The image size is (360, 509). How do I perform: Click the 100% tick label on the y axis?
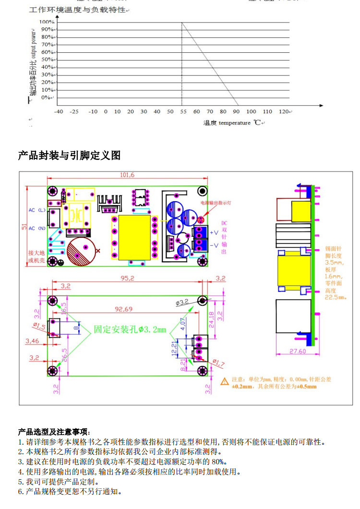[47, 22]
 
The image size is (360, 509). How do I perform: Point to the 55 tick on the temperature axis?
[183, 112]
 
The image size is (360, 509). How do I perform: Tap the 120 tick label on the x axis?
[283, 112]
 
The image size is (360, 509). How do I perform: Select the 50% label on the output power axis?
[47, 60]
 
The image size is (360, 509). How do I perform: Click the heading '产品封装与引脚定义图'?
[69, 156]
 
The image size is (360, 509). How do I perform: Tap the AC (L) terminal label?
[37, 210]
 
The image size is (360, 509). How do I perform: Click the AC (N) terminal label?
[37, 228]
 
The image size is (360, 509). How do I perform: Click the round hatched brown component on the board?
[80, 252]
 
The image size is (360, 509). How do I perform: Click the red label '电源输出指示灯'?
[216, 203]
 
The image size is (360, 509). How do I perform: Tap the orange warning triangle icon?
[224, 382]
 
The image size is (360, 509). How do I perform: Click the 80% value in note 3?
[218, 461]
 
